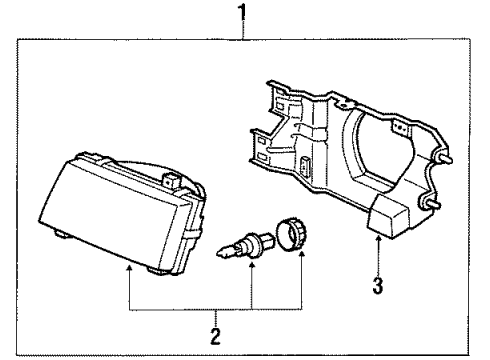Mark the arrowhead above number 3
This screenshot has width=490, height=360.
376,239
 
